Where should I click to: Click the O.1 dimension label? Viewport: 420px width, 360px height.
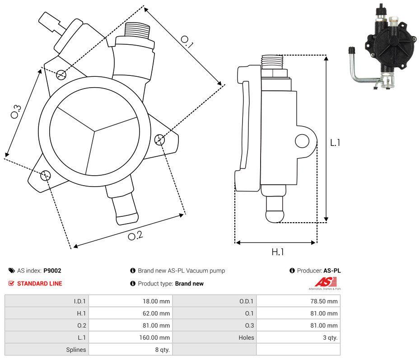click(187, 42)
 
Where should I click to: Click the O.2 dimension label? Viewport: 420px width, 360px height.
click(135, 235)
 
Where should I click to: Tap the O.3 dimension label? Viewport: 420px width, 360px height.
click(16, 111)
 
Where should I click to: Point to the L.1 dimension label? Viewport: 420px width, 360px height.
click(335, 143)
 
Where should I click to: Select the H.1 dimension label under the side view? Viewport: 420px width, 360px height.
click(277, 252)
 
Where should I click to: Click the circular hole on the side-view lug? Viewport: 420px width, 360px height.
click(302, 141)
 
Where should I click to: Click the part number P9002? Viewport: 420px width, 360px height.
click(52, 271)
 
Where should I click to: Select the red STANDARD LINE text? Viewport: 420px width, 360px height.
click(40, 284)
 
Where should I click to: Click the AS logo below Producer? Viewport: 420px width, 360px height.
click(325, 283)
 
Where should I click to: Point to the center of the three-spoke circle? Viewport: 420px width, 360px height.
click(94, 131)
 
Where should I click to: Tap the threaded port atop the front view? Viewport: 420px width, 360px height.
click(137, 32)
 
